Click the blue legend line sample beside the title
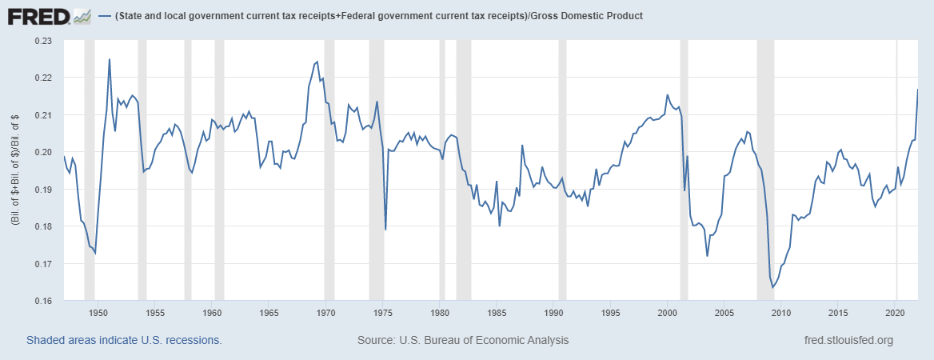point(104,16)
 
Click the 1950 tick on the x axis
point(98,313)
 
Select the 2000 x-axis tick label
point(668,313)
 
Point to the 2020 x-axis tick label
point(896,313)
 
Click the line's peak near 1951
point(109,59)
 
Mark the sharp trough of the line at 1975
point(385,230)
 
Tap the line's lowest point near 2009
point(772,287)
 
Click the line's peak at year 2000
point(668,94)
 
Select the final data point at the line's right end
point(917,89)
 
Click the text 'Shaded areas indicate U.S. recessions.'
point(124,340)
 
